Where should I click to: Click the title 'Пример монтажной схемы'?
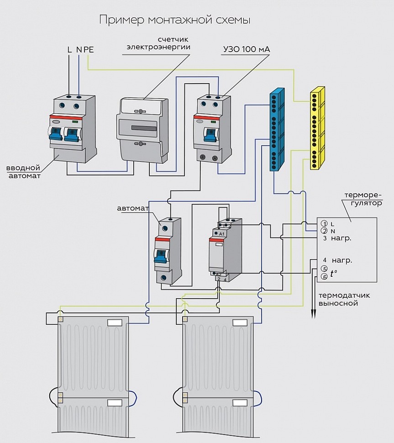pos(175,20)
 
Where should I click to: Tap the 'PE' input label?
pos(89,49)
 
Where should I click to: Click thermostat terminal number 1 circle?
pos(324,223)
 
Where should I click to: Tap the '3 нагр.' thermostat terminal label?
pos(337,238)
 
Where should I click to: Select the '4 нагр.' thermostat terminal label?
pos(337,260)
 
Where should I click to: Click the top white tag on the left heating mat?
pos(114,322)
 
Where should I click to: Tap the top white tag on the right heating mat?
pos(240,322)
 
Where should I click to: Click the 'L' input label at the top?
pos(69,49)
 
